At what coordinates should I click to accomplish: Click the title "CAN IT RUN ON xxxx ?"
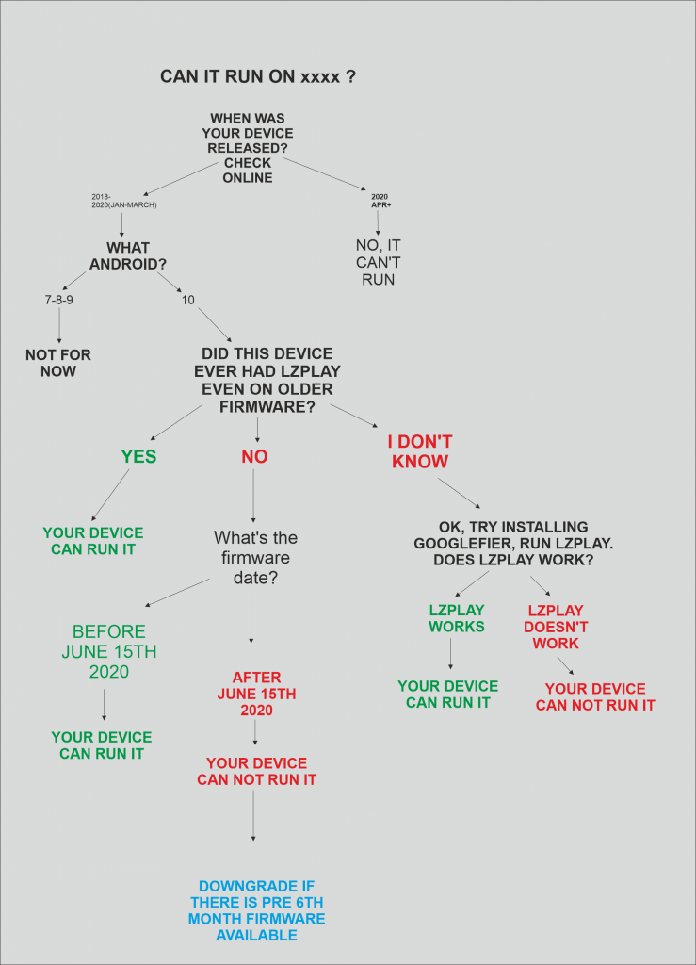point(258,76)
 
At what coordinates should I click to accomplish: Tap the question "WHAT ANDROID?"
point(128,256)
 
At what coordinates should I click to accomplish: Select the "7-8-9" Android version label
point(59,300)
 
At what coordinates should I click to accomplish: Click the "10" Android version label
point(187,300)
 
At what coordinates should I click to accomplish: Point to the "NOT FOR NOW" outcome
point(58,363)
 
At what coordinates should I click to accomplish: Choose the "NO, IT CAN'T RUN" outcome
point(378,262)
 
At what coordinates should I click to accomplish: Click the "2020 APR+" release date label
point(380,201)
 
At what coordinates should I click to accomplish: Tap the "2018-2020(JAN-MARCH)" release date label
point(124,201)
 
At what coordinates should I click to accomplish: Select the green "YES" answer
point(139,457)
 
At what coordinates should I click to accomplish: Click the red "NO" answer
point(254,457)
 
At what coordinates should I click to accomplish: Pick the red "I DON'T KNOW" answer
point(420,451)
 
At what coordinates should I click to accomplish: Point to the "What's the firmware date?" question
point(256,558)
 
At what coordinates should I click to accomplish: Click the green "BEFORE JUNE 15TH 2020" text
point(109,651)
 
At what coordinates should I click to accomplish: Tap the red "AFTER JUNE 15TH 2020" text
point(256,694)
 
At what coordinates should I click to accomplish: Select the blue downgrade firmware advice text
point(256,910)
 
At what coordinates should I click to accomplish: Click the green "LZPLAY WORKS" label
point(457,618)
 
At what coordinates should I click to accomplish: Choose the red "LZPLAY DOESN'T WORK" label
point(556,627)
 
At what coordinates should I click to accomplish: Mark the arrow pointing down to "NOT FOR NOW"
point(59,325)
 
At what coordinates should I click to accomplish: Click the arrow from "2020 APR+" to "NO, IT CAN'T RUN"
point(378,222)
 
